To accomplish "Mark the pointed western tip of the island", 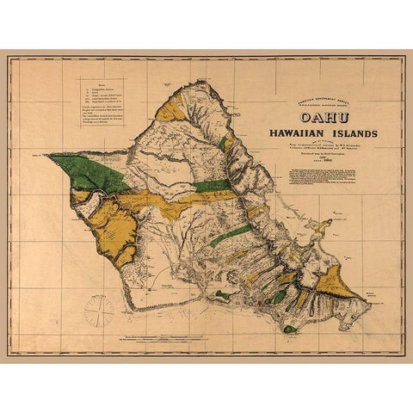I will (49, 155).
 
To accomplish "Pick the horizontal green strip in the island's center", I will (211, 185).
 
